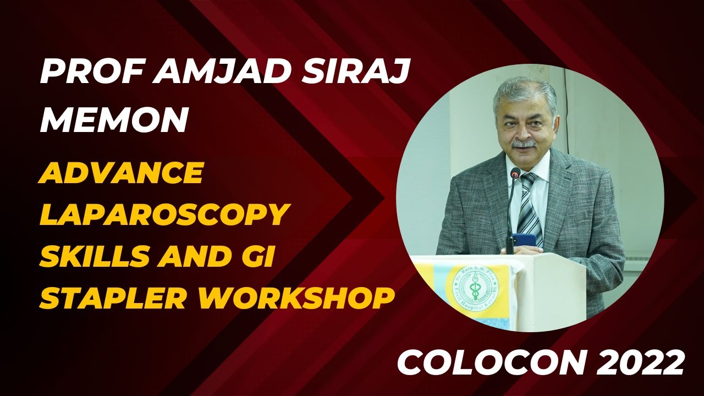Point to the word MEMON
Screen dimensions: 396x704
pos(113,120)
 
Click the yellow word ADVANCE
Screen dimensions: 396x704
pos(121,173)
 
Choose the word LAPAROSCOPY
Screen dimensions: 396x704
pos(164,214)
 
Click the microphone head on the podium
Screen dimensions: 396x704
pos(515,173)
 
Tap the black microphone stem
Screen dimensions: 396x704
pos(510,215)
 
